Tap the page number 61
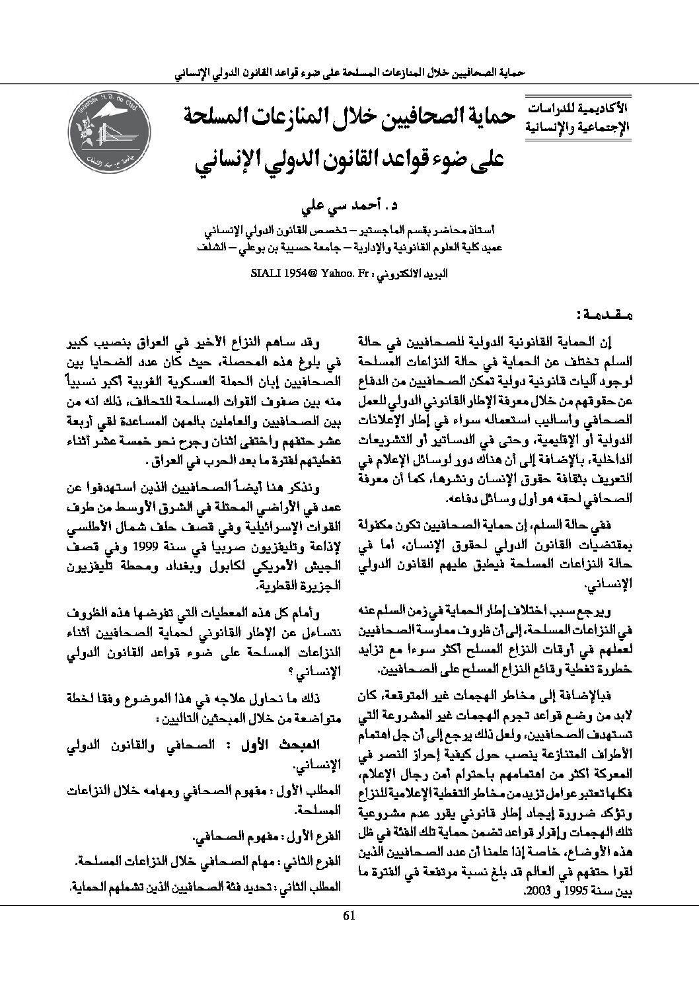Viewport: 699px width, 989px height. coord(349,915)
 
